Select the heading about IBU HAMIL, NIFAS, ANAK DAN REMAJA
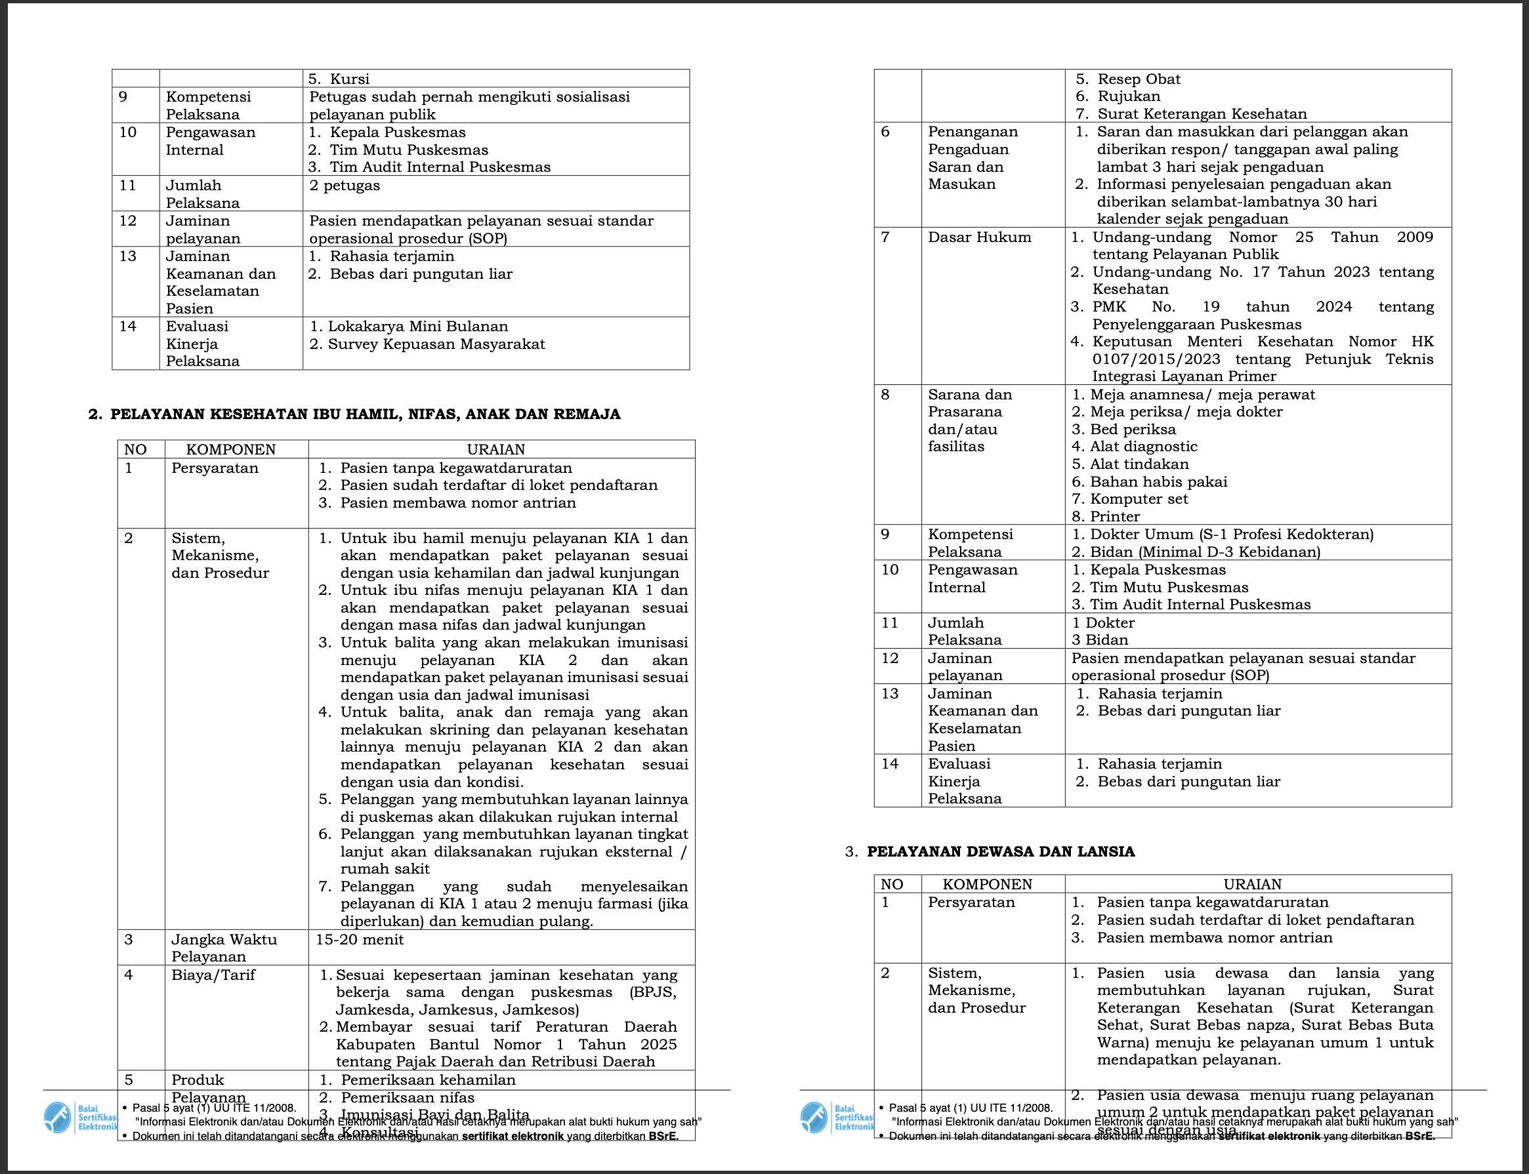pyautogui.click(x=365, y=414)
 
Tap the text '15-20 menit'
pyautogui.click(x=360, y=939)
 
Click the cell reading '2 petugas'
pyautogui.click(x=345, y=185)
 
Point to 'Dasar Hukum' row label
pyautogui.click(x=979, y=237)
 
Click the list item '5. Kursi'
pyautogui.click(x=339, y=79)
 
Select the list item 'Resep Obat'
pyautogui.click(x=1138, y=79)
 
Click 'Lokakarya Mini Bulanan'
pyautogui.click(x=417, y=327)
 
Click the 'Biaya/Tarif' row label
pyautogui.click(x=213, y=975)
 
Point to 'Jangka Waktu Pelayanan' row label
pyautogui.click(x=224, y=948)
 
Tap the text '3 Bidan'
pyautogui.click(x=1099, y=640)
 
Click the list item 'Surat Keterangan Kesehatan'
pyautogui.click(x=1201, y=114)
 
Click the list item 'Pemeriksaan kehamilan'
pyautogui.click(x=428, y=1080)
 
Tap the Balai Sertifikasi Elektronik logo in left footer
pyautogui.click(x=58, y=1118)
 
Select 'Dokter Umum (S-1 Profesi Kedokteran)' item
pyautogui.click(x=1231, y=535)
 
